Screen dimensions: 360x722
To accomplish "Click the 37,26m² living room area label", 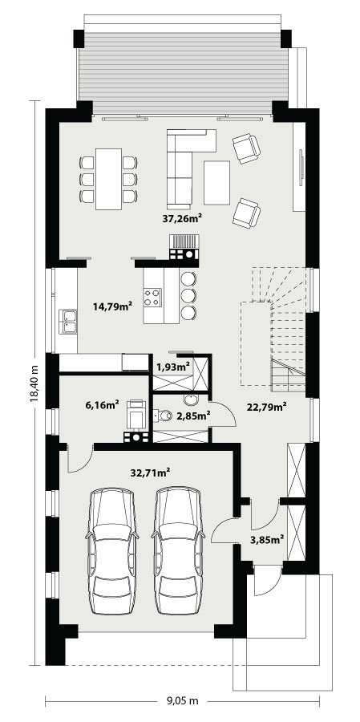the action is [182, 219].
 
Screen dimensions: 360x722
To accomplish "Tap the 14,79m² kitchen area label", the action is [113, 306].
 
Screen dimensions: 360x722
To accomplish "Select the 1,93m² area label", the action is [173, 367].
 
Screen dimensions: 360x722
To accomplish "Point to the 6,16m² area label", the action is [102, 405].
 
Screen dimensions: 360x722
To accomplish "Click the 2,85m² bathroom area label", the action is [194, 416].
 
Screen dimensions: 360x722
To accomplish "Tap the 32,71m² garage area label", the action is [151, 473].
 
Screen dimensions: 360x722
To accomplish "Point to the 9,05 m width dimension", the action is [182, 701].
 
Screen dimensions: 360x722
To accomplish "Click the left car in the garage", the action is [112, 550].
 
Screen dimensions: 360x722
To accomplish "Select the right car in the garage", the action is [178, 550].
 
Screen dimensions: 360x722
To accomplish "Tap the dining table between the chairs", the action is [109, 179].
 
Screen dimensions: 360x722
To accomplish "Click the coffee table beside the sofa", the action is [216, 182].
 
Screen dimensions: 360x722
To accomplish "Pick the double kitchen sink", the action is [67, 322].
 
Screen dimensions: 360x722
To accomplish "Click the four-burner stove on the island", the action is [153, 297].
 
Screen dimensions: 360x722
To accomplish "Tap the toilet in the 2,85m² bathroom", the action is [162, 416].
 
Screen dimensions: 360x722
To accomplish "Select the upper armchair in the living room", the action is [247, 148].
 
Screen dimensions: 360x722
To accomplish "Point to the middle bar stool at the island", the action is [188, 295].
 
